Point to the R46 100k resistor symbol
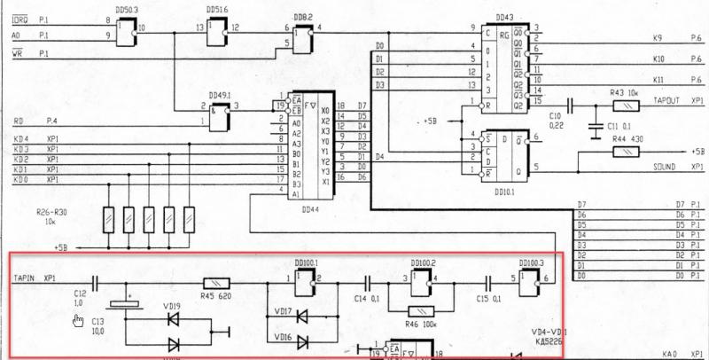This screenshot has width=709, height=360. click(421, 310)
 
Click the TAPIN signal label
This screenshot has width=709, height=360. click(24, 278)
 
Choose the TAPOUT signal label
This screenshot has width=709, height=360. click(666, 101)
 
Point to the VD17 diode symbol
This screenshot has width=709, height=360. click(301, 314)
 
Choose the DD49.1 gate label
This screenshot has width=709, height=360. click(219, 96)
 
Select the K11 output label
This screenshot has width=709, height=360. click(657, 80)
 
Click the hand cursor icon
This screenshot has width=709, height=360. click(78, 321)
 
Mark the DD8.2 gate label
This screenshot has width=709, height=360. click(301, 18)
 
